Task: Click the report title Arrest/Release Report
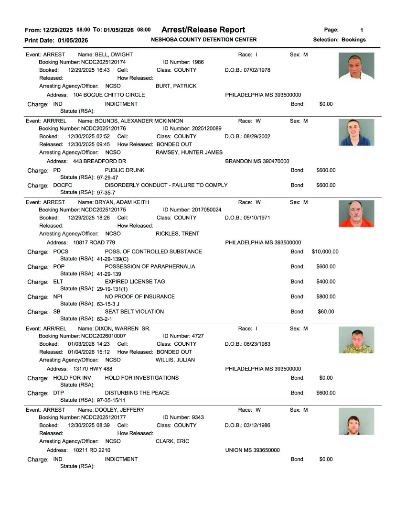(x=203, y=30)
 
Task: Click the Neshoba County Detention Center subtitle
(x=203, y=40)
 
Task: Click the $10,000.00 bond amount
(x=325, y=252)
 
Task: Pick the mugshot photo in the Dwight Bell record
(x=356, y=66)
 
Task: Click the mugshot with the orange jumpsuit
(x=356, y=213)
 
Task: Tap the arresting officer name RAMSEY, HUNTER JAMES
(x=189, y=153)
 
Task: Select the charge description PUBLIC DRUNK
(x=125, y=170)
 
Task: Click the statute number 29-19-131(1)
(x=112, y=289)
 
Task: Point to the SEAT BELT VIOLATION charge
(x=134, y=311)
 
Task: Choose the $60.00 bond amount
(x=326, y=311)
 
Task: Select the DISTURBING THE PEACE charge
(x=137, y=393)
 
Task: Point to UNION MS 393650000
(x=252, y=450)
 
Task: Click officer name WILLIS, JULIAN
(x=175, y=360)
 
